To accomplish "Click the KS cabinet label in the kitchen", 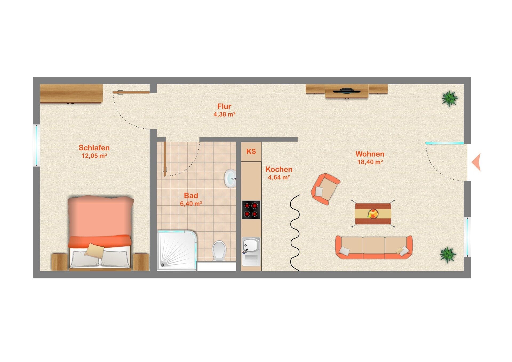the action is point(251,152).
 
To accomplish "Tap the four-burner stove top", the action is point(251,210).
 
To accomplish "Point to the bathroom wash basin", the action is point(230,178).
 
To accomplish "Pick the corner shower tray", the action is point(177,250).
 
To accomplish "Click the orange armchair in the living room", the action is point(325,189).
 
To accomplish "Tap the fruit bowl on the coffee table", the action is point(373,214).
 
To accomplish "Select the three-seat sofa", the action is point(374,247).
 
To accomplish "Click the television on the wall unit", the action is point(347,91).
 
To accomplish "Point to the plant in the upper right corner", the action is point(450,98).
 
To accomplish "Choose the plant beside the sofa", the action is point(448,255).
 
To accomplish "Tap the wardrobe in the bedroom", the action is point(71,93).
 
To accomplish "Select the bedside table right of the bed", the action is point(141,262).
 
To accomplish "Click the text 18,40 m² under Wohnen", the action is point(370,162).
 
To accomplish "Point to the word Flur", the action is point(224,106).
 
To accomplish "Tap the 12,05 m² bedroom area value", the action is point(94,156).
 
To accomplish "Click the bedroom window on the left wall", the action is point(37,145).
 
